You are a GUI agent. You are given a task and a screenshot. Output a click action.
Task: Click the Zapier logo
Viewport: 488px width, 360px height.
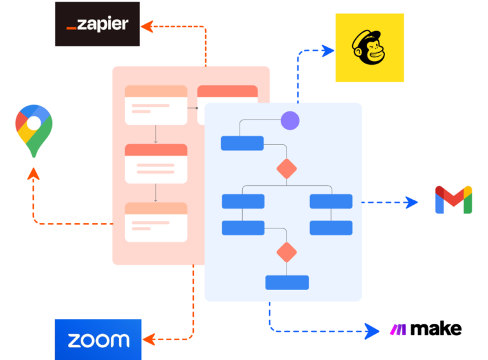(x=97, y=24)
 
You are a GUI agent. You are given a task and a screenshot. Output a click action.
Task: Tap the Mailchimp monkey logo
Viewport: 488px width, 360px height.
(x=370, y=48)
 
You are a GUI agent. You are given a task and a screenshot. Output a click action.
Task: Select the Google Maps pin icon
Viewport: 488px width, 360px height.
(x=34, y=131)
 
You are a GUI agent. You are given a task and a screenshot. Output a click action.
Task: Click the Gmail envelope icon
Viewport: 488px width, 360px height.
(x=453, y=200)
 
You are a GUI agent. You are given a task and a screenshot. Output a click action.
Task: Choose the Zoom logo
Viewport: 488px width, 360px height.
(x=98, y=340)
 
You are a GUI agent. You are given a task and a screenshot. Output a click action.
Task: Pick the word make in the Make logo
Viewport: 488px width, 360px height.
(x=436, y=329)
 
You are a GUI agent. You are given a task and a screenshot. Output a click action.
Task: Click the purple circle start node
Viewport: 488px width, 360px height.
(x=290, y=120)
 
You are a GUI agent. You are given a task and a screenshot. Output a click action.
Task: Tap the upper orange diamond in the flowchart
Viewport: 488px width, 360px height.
(x=287, y=169)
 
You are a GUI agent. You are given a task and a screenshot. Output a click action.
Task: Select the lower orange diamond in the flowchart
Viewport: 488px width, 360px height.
(x=287, y=252)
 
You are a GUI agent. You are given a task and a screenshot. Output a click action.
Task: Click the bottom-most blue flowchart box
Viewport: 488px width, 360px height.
(x=287, y=282)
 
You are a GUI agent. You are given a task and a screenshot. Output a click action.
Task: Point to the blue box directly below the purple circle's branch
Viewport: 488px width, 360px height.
(x=242, y=143)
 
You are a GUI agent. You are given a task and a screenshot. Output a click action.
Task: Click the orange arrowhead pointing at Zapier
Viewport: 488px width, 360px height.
(x=146, y=26)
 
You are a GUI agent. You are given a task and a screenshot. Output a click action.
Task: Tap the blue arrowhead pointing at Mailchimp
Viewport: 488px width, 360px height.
(x=329, y=50)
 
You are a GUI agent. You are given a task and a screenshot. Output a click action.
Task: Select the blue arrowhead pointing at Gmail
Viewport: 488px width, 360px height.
(x=412, y=202)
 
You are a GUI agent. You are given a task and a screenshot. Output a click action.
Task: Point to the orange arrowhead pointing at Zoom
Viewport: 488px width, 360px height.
(x=149, y=338)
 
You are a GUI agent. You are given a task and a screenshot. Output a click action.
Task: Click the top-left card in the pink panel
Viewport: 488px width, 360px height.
(x=156, y=105)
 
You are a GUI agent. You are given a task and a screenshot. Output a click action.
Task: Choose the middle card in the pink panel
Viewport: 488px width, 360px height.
(x=156, y=163)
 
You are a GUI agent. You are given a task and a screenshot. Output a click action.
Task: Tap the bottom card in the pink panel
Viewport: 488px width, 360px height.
(x=156, y=222)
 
